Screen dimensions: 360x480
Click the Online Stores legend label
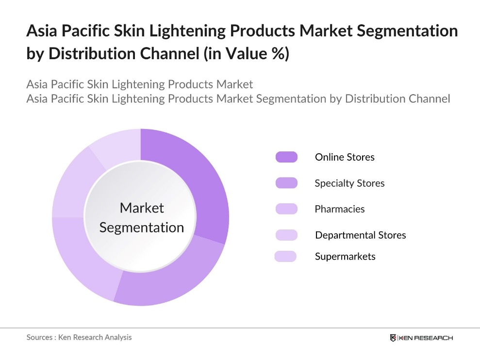click(x=345, y=157)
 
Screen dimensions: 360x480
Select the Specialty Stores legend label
click(x=349, y=183)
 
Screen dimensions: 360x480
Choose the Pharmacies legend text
click(x=339, y=209)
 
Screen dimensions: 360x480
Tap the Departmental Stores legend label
click(x=360, y=235)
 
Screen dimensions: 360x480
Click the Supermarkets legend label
click(x=345, y=256)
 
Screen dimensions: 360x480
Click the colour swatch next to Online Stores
click(x=286, y=157)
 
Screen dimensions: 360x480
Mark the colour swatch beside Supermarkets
click(x=285, y=256)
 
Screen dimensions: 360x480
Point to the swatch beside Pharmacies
click(x=286, y=209)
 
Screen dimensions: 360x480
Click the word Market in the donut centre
click(x=142, y=208)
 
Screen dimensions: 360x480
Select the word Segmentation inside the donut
click(x=142, y=228)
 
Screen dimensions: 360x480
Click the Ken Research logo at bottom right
click(x=421, y=338)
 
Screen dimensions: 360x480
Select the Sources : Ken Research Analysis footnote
click(x=79, y=337)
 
